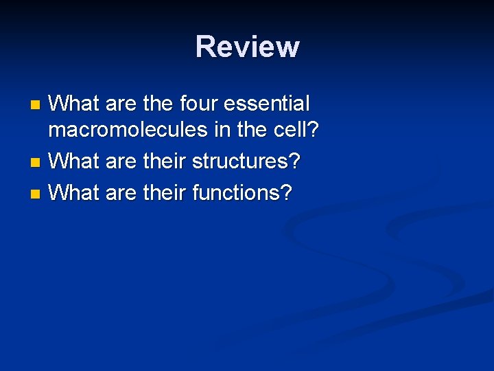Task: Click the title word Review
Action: (x=247, y=47)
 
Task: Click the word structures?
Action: (x=246, y=163)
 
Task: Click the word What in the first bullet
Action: (x=75, y=104)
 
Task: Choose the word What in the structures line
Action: (x=75, y=163)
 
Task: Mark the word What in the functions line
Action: (x=75, y=192)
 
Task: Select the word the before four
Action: (x=158, y=104)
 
